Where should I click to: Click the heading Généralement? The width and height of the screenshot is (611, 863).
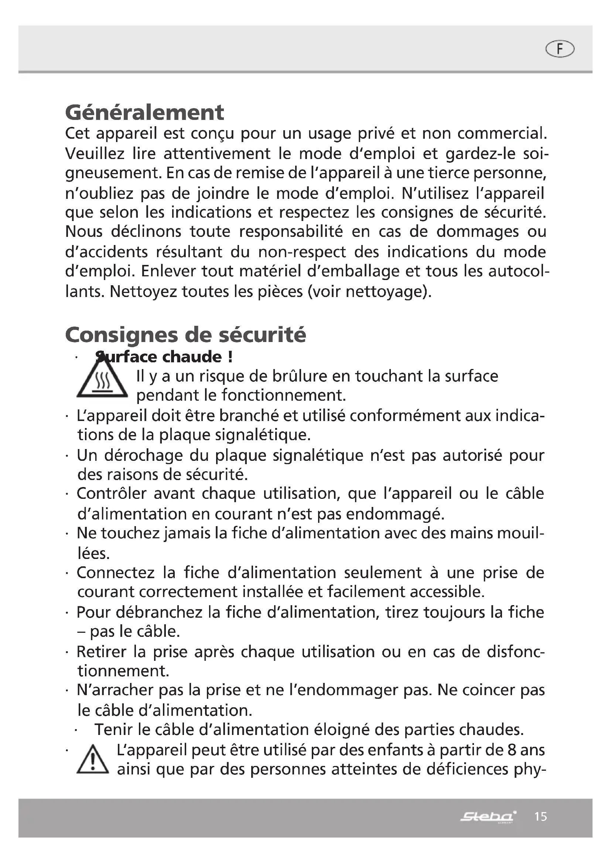tap(144, 112)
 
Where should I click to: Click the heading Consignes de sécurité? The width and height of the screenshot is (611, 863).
tap(185, 335)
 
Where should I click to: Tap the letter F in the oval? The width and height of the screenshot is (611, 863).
tap(560, 49)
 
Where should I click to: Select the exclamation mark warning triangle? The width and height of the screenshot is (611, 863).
tap(93, 760)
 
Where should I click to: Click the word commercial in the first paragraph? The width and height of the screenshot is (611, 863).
tap(502, 134)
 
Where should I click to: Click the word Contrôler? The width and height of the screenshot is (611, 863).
tap(111, 494)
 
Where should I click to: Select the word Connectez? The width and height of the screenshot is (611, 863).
tap(116, 573)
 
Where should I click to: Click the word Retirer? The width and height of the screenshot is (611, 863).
tap(101, 652)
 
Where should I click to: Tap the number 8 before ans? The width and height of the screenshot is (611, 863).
tap(511, 750)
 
